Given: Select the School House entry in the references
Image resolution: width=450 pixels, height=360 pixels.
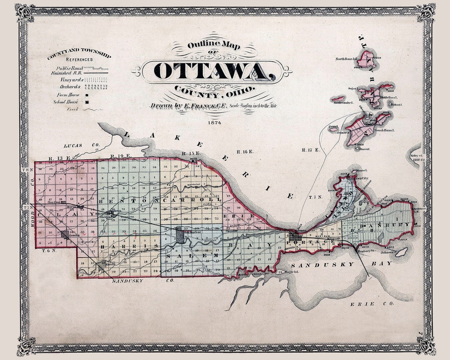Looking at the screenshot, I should pos(67,102).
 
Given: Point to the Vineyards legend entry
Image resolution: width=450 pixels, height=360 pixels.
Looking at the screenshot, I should pos(69,79).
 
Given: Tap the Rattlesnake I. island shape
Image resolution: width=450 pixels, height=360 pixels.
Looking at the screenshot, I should pos(338,99).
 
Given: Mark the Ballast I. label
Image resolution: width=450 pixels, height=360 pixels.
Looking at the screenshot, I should pos(395,105).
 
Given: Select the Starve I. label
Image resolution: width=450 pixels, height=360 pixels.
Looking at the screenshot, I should pos(365,149).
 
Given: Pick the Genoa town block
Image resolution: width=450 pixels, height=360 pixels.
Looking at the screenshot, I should pos(65,235).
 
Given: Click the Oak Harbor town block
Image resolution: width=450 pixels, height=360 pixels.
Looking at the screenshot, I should pos(180,235).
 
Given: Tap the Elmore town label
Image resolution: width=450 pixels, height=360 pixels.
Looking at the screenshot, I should pos(110,264).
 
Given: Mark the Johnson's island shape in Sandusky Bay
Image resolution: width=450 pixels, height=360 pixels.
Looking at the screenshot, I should pos(401,252).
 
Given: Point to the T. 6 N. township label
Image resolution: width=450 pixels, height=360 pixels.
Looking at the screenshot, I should pos(49,250).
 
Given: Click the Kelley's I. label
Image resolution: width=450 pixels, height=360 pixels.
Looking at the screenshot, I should pos(417,155).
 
